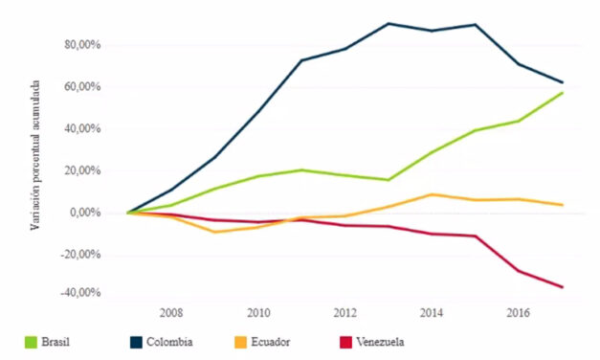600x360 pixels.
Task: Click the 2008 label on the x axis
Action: (171, 312)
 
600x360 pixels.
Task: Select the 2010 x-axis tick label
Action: (258, 312)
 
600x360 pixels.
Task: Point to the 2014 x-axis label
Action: (432, 312)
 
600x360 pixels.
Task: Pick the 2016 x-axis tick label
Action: (518, 312)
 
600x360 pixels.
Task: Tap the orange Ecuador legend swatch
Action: (245, 341)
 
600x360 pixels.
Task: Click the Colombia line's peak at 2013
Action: (389, 23)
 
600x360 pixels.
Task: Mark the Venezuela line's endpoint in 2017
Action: (562, 287)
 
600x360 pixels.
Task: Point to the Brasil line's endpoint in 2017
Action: (562, 92)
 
